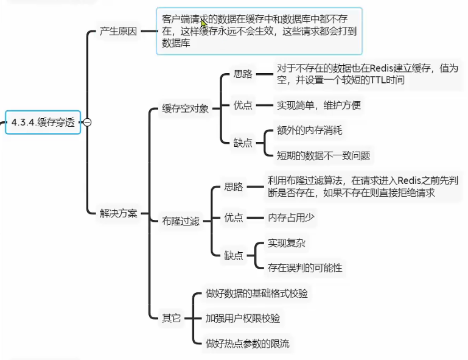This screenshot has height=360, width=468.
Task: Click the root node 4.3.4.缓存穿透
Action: [x=43, y=122]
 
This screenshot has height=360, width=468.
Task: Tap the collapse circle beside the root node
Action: [x=88, y=122]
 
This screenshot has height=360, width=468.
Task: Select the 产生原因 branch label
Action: [x=119, y=32]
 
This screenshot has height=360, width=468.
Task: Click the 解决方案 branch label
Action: [x=119, y=214]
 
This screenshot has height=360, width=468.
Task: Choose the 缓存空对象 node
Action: [x=185, y=109]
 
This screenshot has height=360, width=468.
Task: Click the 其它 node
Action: [x=171, y=318]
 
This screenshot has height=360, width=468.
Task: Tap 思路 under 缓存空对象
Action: [x=243, y=74]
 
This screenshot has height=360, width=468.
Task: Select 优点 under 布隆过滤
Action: [x=234, y=217]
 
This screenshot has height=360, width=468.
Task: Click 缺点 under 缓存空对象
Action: [x=243, y=143]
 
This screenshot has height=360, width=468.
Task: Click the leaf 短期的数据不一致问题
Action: [x=323, y=155]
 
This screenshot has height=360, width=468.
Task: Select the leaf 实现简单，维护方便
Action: [x=319, y=105]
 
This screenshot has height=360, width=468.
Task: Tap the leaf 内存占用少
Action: [x=292, y=217]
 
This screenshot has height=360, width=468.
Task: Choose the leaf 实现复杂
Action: [x=287, y=243]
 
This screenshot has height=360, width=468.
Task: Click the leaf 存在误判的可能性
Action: [x=305, y=267]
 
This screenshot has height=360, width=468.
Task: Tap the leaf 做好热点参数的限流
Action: [x=247, y=344]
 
